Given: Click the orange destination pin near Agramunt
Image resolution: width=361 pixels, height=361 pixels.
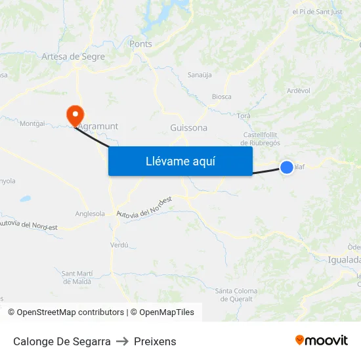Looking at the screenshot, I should (75, 115).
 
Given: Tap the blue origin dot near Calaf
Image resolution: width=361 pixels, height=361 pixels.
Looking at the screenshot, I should (287, 167).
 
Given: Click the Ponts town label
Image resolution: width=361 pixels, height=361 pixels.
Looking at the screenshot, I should (140, 44).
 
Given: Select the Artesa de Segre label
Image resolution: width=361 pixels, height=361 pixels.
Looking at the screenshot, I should (73, 57).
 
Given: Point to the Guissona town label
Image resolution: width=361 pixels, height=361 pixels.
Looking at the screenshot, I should (188, 128).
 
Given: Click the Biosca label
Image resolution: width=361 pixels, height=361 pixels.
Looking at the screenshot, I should (221, 96).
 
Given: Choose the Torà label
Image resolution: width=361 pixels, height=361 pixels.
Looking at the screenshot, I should (244, 116).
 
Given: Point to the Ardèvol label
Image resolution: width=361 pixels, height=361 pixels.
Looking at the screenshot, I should (299, 91).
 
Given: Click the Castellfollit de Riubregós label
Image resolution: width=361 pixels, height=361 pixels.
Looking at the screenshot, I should (262, 138).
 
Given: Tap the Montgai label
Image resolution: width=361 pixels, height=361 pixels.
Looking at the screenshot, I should (32, 123).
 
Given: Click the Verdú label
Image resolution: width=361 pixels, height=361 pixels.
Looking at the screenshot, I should (119, 245).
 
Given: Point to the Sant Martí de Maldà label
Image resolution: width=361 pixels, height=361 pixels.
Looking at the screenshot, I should (81, 277).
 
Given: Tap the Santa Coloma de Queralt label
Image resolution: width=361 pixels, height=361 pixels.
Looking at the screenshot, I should (236, 295).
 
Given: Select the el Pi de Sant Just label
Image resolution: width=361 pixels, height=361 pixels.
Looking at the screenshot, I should (318, 12).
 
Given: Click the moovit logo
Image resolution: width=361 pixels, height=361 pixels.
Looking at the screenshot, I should (321, 340).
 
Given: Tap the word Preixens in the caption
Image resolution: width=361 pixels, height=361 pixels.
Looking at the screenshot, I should (155, 341).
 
